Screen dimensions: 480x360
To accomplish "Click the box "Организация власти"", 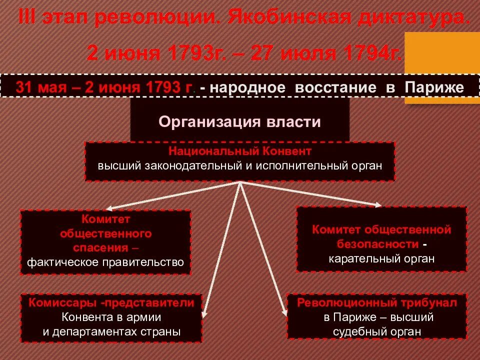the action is [x=239, y=121].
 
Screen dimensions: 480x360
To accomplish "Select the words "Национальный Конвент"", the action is [x=239, y=150].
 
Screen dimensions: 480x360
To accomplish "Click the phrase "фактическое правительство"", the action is [x=105, y=261].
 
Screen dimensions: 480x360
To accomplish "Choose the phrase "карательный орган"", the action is [x=381, y=258].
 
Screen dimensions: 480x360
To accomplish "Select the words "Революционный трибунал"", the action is [x=377, y=303].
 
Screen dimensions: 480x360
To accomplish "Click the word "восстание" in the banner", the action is [x=335, y=87].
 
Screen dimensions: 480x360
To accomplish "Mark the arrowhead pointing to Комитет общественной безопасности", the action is [x=378, y=204].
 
